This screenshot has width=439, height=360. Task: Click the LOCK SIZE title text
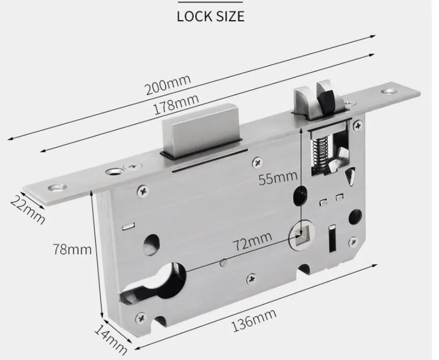point(210,16)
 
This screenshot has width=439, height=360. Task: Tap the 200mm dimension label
point(168,84)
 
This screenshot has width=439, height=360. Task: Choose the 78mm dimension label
point(72,248)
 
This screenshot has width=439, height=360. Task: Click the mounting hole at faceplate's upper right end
point(388,93)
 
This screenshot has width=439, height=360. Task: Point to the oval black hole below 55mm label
point(299,197)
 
